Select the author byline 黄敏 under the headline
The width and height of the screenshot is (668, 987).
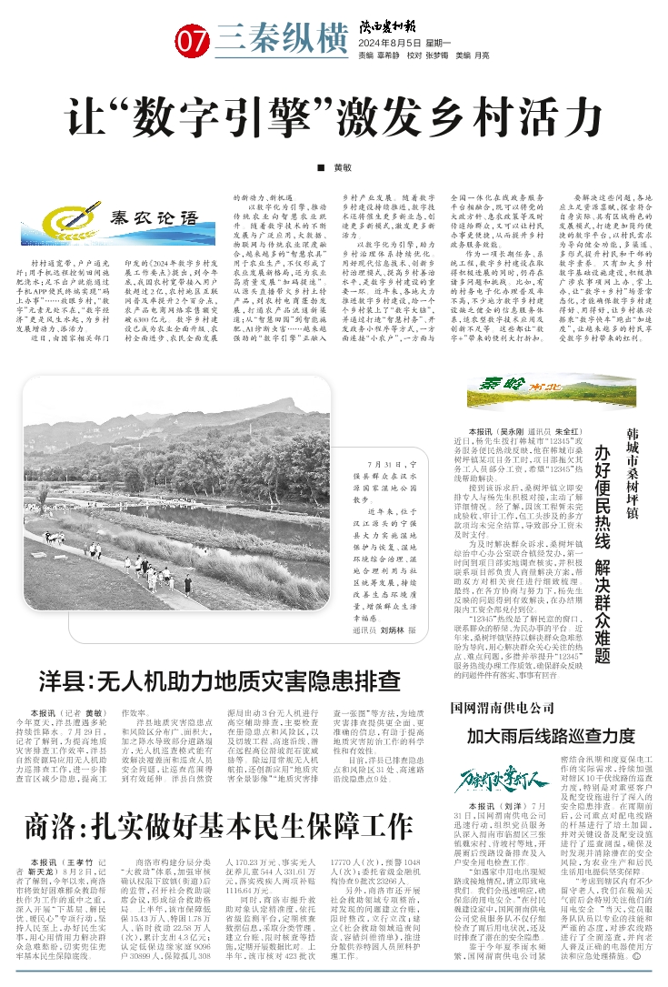click(x=341, y=168)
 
